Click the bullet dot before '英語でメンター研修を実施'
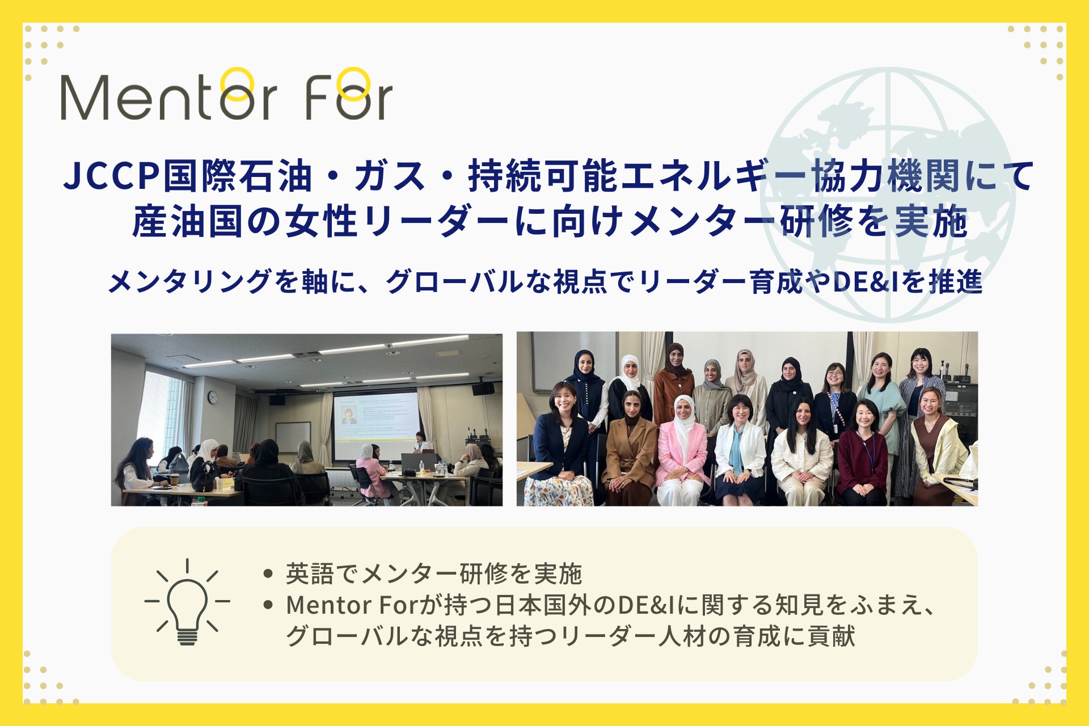pyautogui.click(x=268, y=573)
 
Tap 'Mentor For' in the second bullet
pyautogui.click(x=352, y=605)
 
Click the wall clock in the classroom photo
pyautogui.click(x=212, y=397)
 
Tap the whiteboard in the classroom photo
pyautogui.click(x=293, y=437)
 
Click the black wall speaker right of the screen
pyautogui.click(x=483, y=389)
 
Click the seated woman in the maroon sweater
pyautogui.click(x=862, y=454)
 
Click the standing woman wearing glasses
pyautogui.click(x=835, y=403)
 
